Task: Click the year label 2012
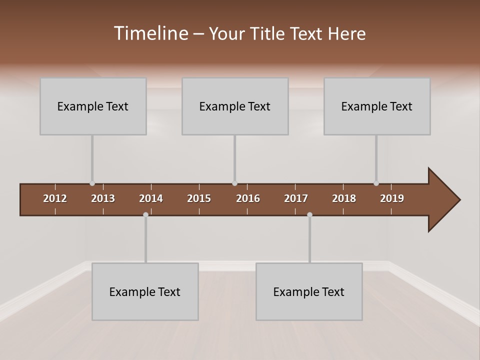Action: tap(55, 198)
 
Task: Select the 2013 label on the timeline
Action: tap(103, 198)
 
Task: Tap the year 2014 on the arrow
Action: tap(151, 198)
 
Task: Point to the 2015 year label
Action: tap(199, 198)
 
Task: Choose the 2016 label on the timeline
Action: tap(248, 198)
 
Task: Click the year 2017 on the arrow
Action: tap(296, 198)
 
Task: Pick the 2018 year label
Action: tap(344, 198)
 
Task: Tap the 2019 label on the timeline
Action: tap(392, 198)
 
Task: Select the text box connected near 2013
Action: tap(93, 106)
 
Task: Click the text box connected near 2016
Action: tap(235, 106)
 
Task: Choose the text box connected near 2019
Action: tap(377, 106)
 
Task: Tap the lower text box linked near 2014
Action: tap(145, 291)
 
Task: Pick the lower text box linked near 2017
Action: tap(309, 291)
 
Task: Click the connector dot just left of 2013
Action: tap(92, 183)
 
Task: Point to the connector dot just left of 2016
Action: tap(234, 183)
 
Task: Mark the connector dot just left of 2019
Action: tap(376, 183)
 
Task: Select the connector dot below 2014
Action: tap(145, 214)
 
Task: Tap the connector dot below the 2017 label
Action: tap(309, 214)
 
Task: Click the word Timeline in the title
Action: tap(151, 33)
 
